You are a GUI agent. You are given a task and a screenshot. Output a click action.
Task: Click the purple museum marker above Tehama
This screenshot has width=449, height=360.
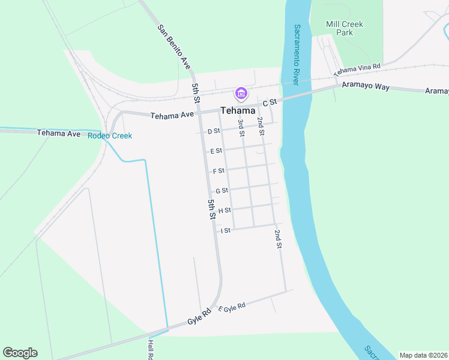click(x=241, y=94)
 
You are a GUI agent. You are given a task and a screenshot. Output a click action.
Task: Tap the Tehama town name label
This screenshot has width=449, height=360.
click(x=238, y=110)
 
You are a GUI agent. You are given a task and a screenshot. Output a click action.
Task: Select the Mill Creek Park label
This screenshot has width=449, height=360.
click(x=345, y=28)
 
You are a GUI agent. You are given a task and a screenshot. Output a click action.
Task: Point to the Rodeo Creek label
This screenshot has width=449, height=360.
click(x=110, y=136)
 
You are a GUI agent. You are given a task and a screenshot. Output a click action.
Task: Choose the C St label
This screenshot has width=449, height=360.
click(x=268, y=103)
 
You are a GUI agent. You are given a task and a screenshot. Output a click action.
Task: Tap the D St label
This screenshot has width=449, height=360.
click(x=214, y=131)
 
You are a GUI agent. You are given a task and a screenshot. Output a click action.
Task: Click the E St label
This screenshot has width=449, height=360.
click(x=215, y=151)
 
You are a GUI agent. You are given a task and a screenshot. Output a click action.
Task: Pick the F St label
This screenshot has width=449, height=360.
click(x=218, y=171)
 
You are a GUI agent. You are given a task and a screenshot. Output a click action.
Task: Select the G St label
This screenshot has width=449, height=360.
click(x=222, y=191)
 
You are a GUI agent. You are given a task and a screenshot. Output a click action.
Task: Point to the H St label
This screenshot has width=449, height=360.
click(x=224, y=211)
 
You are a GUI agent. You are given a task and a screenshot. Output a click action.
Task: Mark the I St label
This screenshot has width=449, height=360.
click(x=226, y=230)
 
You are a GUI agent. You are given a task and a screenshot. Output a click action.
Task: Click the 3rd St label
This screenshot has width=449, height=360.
click(x=241, y=128)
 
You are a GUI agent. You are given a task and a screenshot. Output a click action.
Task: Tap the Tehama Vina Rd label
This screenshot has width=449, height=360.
click(x=357, y=70)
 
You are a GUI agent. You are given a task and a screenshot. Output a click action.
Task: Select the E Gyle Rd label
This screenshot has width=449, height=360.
click(x=232, y=307)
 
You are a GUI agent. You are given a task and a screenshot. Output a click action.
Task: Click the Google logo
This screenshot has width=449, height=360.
click(x=20, y=353)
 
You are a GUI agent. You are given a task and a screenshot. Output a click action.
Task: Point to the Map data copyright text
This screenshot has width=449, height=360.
click(x=423, y=355)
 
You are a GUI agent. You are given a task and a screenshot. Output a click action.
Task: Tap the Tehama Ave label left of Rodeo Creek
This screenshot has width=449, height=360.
click(x=59, y=133)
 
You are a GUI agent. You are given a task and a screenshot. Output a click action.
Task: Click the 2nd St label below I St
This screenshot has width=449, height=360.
click(x=278, y=238)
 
